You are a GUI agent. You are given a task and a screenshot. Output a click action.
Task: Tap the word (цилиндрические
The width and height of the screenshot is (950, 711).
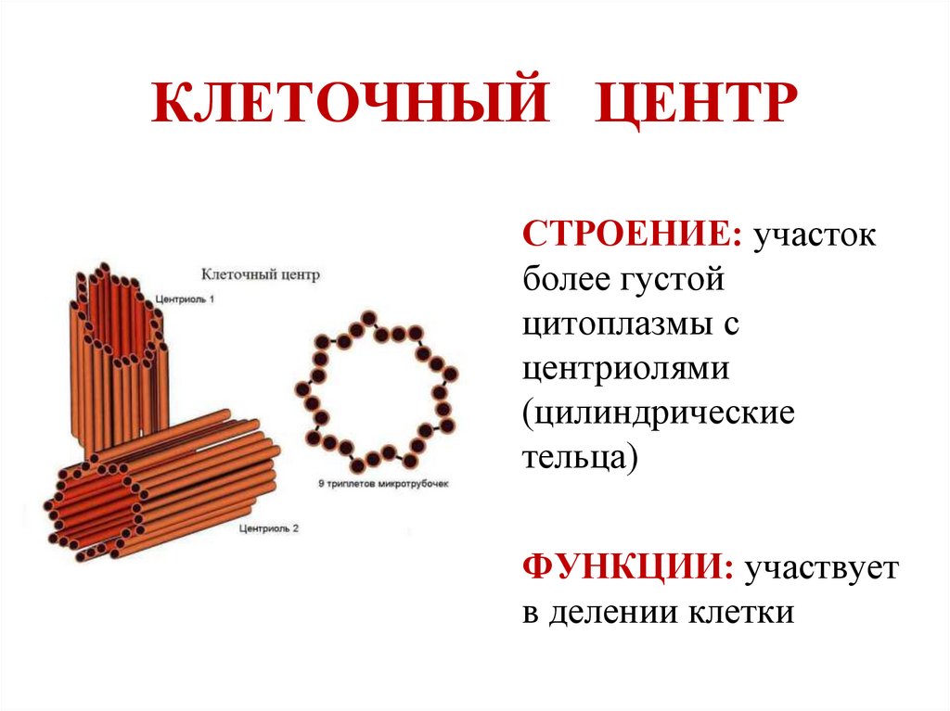click(659, 413)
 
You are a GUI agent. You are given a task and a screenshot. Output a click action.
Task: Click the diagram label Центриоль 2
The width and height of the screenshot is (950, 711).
click(268, 528)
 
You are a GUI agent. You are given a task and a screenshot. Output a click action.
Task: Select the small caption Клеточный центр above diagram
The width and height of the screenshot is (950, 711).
click(261, 274)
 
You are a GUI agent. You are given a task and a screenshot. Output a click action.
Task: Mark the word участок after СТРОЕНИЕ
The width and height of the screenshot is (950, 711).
click(815, 235)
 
